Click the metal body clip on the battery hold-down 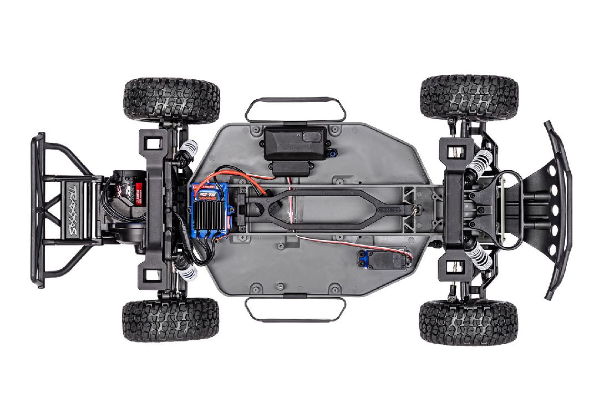[414, 208]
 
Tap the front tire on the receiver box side [469, 99]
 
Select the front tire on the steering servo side [469, 322]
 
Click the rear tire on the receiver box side [171, 100]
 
